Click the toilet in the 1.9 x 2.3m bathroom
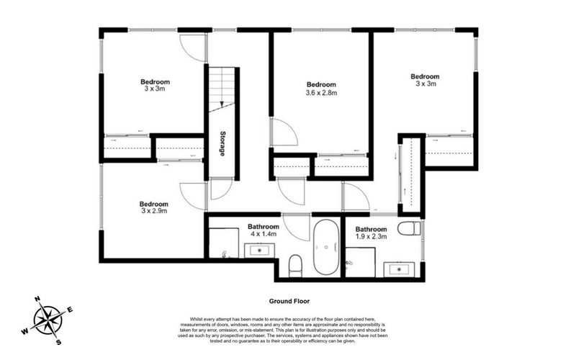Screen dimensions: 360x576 tap(408, 230)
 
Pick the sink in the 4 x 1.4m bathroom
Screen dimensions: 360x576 tap(259, 251)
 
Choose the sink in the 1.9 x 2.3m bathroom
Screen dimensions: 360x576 tap(397, 269)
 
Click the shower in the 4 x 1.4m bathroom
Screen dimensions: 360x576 tap(224, 243)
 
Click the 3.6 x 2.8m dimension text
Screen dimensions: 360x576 tap(321, 93)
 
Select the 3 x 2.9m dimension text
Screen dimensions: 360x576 tap(154, 212)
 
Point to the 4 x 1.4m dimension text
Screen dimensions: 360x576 tap(263, 235)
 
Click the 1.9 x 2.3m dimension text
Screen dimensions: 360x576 tap(372, 236)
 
